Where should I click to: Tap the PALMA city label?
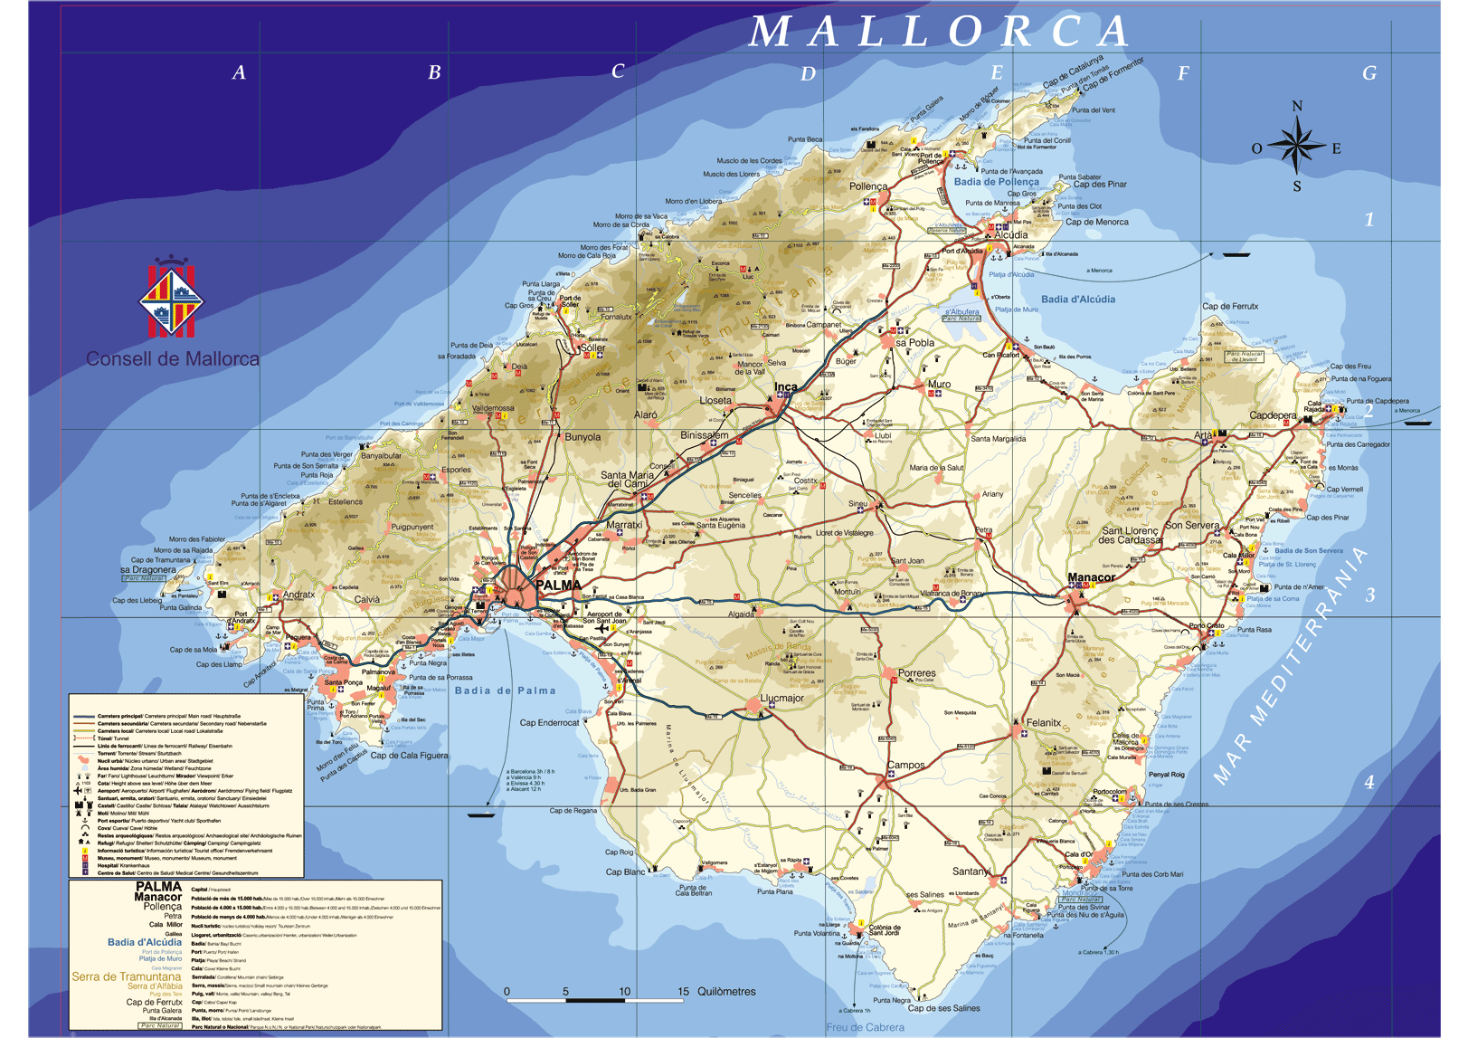click(x=558, y=586)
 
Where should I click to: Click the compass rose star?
click(x=1296, y=146)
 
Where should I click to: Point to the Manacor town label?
click(x=1091, y=577)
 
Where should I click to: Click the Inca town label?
click(x=786, y=387)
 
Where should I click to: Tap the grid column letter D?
click(x=808, y=74)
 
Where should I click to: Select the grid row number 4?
click(x=1369, y=782)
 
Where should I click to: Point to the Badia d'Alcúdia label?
click(x=1077, y=300)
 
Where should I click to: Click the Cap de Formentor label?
click(x=1113, y=73)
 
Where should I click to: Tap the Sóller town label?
click(x=592, y=348)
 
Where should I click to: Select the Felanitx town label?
click(x=1043, y=723)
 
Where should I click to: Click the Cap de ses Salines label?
click(x=943, y=1008)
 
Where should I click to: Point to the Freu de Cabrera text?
click(x=865, y=1027)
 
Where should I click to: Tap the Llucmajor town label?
click(x=781, y=698)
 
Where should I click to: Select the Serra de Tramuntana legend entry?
click(x=126, y=976)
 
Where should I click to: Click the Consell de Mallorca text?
click(x=172, y=359)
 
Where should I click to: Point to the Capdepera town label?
click(x=1273, y=415)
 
